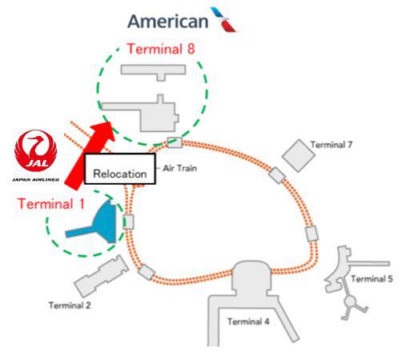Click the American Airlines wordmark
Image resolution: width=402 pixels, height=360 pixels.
[x=168, y=22]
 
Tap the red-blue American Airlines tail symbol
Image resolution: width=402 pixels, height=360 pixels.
[x=223, y=19]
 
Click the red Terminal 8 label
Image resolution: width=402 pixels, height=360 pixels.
[x=161, y=49]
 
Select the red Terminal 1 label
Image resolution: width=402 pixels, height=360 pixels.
[x=51, y=204]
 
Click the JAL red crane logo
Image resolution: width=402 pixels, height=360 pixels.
[x=36, y=150]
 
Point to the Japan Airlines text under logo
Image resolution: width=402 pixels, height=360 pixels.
[x=35, y=180]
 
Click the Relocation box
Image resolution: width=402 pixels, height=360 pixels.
[x=120, y=169]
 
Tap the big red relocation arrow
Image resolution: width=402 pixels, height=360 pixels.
[x=90, y=156]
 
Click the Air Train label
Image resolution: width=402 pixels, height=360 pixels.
[x=180, y=168]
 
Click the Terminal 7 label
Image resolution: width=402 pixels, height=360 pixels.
[x=332, y=145]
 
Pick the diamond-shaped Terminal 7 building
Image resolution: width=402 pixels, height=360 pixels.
[x=299, y=155]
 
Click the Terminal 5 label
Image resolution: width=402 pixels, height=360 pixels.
[x=372, y=279]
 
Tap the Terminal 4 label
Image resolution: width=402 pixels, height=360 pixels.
[x=248, y=322]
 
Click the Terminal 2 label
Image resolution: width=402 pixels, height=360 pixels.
[x=70, y=306]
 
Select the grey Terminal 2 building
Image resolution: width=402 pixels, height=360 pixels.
[x=102, y=276]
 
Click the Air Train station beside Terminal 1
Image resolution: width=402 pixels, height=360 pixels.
[x=128, y=222]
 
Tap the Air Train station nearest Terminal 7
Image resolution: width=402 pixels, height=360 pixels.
[x=277, y=175]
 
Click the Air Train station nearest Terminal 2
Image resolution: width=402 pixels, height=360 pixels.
[x=147, y=272]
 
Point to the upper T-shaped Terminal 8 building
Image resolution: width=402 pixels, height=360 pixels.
[x=154, y=71]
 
